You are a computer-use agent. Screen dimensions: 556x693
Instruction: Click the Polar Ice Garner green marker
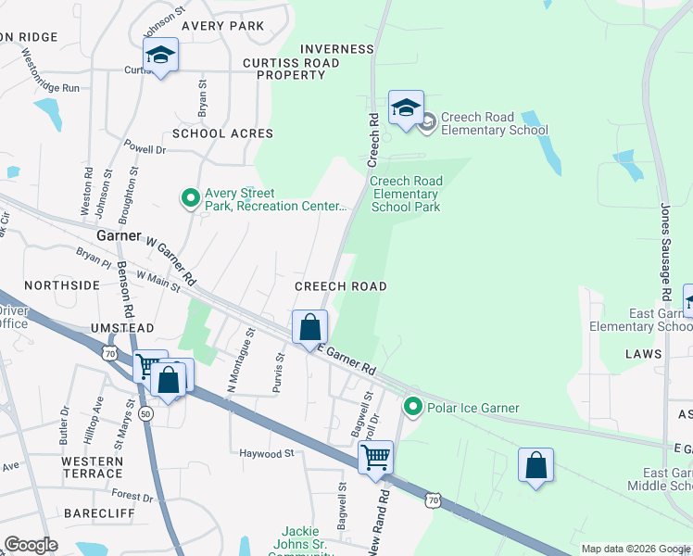(412, 407)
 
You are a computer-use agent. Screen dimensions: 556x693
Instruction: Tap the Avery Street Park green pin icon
(191, 197)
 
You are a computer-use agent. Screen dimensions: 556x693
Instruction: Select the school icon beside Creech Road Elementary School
(406, 109)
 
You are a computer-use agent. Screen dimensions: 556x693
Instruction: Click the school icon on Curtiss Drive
(160, 56)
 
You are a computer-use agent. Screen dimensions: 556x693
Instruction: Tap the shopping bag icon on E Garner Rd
(310, 327)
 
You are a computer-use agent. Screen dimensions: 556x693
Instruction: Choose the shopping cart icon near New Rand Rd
(376, 457)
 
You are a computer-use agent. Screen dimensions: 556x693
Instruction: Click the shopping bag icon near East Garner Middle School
(536, 465)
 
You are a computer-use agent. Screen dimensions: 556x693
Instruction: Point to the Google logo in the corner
(31, 545)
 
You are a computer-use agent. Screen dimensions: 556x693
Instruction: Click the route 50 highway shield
(145, 414)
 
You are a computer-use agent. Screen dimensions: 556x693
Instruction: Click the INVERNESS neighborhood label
(337, 49)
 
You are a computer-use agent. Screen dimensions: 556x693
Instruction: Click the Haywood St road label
(266, 454)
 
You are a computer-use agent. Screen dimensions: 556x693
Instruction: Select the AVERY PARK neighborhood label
(222, 26)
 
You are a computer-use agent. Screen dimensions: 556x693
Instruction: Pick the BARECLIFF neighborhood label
(99, 512)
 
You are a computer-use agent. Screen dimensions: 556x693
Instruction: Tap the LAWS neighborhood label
(644, 354)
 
